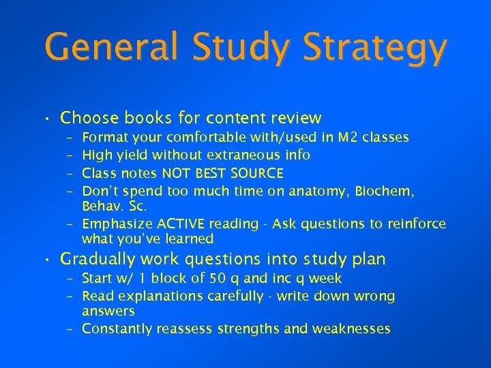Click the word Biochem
pyautogui.click(x=388, y=191)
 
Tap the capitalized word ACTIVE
pyautogui.click(x=183, y=224)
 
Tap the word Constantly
pyautogui.click(x=117, y=328)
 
